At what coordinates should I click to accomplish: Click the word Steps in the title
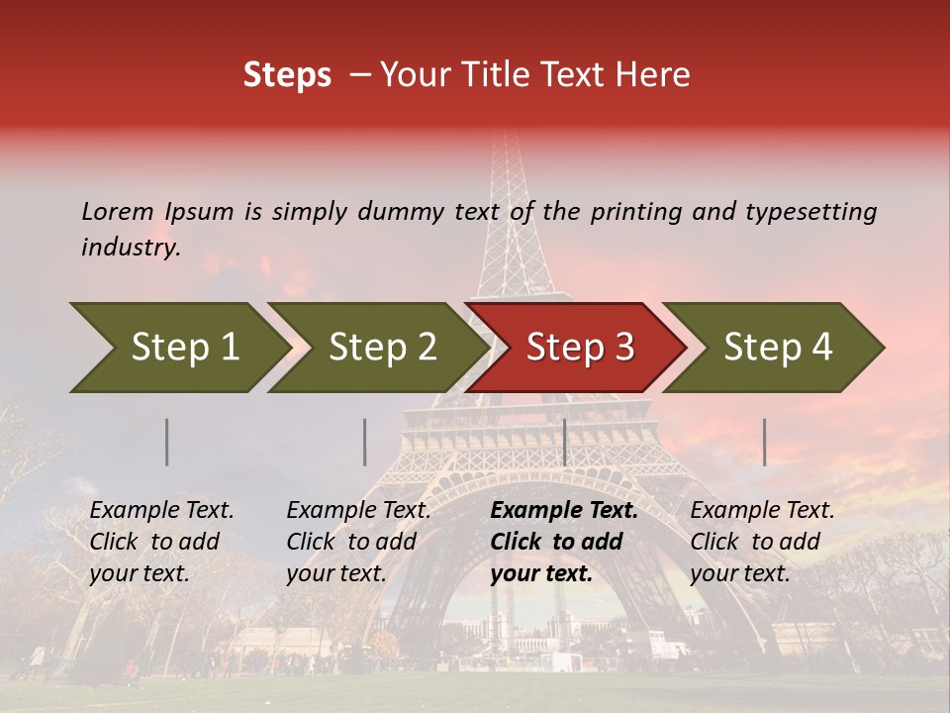point(287,75)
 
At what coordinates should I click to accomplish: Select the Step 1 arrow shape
point(178,348)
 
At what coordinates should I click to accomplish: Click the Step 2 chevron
point(381,348)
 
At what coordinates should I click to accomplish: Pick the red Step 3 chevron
point(579,348)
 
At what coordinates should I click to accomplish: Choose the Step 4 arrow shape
point(777,348)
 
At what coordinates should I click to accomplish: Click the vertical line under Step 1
point(167,442)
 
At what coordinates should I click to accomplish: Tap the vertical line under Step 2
point(365,442)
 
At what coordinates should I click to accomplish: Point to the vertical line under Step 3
point(564,442)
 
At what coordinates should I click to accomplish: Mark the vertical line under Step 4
point(764,442)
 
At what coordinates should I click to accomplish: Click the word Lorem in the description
point(117,211)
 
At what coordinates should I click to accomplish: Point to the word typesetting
point(810,212)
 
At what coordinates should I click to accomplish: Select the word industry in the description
point(131,248)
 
